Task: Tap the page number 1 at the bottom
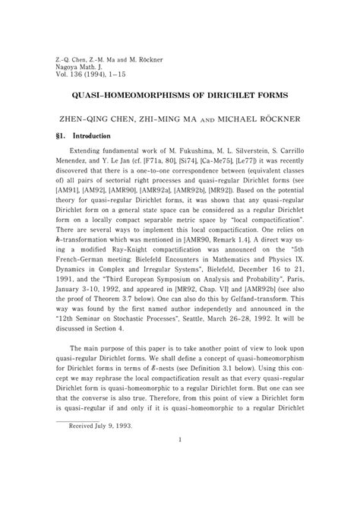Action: point(179,482)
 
